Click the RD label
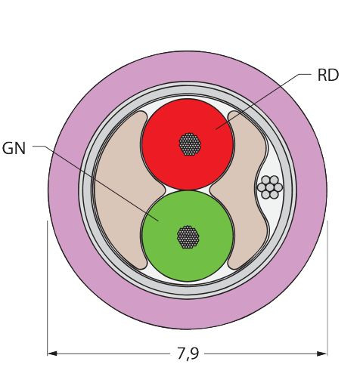pos(328,76)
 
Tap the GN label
pos(14,148)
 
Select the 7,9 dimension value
pos(188,354)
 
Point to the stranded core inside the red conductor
pos(190,144)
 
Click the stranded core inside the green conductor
pos(188,237)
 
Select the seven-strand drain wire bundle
pos(270,187)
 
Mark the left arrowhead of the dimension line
pos(52,354)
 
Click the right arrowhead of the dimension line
pos(322,354)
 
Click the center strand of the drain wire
pos(270,187)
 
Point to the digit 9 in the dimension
pos(194,353)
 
